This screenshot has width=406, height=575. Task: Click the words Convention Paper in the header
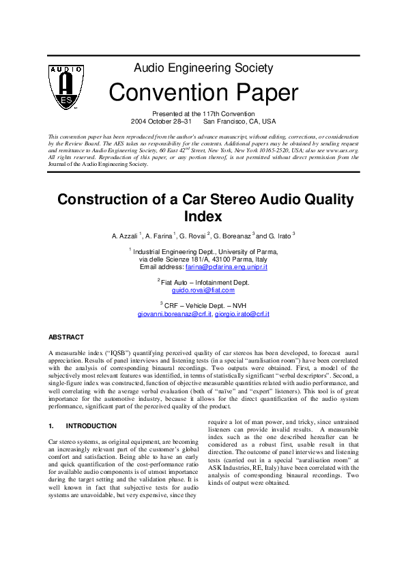tap(203, 92)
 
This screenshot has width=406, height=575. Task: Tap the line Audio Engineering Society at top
tap(203, 68)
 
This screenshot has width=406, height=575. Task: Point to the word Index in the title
tap(203, 216)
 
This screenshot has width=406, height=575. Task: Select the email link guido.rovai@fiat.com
tap(203, 290)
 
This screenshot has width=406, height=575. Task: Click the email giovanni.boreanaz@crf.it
tap(175, 313)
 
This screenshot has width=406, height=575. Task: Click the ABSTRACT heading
tap(66, 337)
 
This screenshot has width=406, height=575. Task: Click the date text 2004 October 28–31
tap(161, 121)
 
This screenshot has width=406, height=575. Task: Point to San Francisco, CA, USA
tap(240, 121)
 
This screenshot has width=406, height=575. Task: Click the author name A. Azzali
tap(125, 236)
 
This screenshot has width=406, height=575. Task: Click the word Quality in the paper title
tap(320, 199)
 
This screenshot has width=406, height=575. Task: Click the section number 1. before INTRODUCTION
tap(51, 426)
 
